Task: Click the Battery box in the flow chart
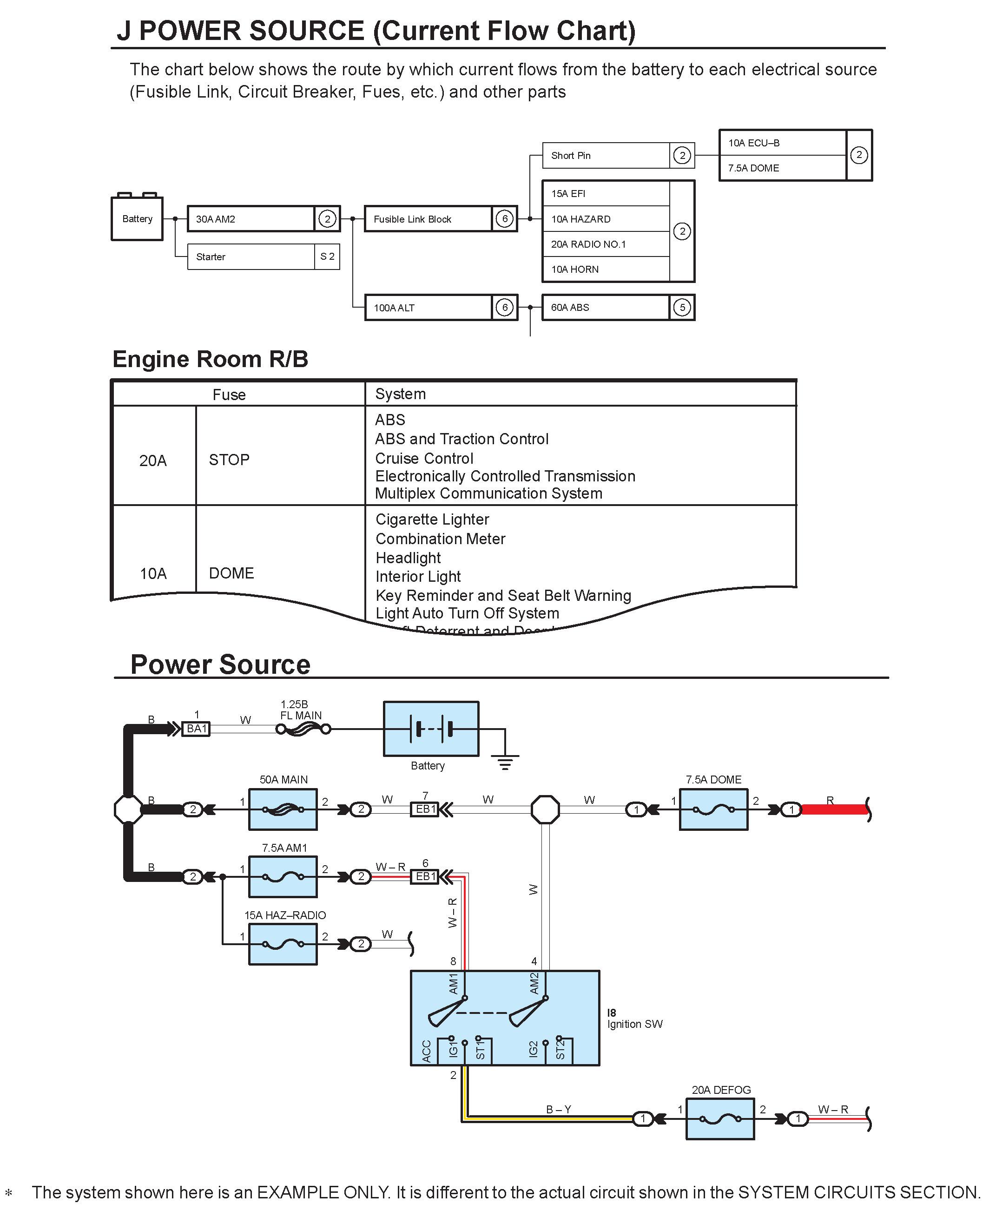(x=137, y=219)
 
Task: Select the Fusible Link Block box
(x=429, y=219)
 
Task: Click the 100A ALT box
(x=429, y=308)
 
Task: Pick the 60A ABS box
(x=606, y=308)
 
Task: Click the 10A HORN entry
(x=606, y=270)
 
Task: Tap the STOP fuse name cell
(x=229, y=460)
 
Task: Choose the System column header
(x=401, y=394)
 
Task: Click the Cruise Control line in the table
(x=424, y=458)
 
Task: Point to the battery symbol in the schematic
(x=431, y=729)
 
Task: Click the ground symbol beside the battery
(x=505, y=762)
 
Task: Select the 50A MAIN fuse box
(x=283, y=809)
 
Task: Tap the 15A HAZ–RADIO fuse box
(x=283, y=944)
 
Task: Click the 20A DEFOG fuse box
(x=720, y=1119)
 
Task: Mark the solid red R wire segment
(x=833, y=809)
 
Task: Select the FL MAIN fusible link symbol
(x=303, y=729)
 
